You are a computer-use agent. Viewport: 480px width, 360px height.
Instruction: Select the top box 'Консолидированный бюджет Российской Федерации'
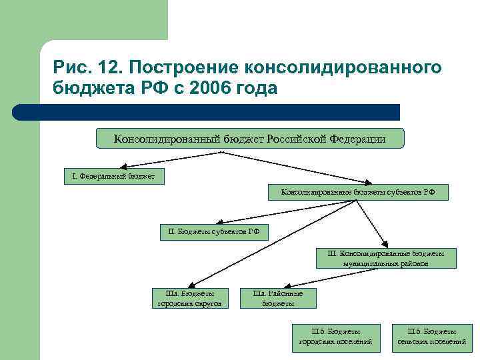[x=250, y=139]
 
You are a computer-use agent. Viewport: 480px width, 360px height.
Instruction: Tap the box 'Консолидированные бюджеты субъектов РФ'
[x=358, y=193]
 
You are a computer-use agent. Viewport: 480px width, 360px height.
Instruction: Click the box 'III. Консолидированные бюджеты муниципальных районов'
[x=386, y=258]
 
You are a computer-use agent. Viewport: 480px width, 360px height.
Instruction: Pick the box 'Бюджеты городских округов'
[x=189, y=298]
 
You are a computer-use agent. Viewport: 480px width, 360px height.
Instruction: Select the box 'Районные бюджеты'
[x=278, y=298]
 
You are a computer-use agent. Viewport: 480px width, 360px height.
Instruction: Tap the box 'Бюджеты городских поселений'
[x=336, y=337]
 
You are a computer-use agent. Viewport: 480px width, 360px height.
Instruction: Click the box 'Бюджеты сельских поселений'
[x=431, y=337]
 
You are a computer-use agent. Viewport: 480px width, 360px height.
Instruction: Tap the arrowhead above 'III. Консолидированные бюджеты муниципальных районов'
[x=384, y=245]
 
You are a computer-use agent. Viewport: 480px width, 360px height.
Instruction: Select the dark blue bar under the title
[x=207, y=112]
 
